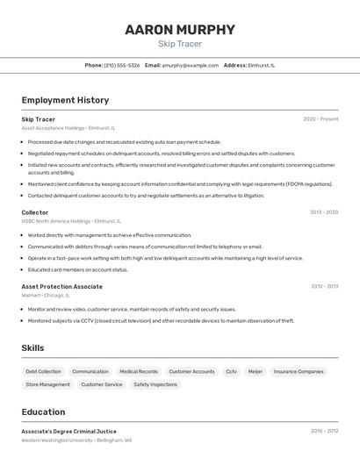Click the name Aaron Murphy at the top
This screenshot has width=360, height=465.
tap(180, 30)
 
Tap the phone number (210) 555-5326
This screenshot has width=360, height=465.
tap(121, 65)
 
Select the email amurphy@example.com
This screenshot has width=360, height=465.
tap(190, 65)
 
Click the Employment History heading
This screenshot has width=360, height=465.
tap(65, 100)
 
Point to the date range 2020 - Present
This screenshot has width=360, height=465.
tap(320, 119)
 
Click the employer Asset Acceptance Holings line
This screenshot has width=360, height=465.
tap(68, 128)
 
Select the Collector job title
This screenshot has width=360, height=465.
tap(35, 212)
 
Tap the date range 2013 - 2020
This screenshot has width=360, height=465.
tap(324, 212)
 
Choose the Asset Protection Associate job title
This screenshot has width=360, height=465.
tap(61, 286)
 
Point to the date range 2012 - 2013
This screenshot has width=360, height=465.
tap(324, 286)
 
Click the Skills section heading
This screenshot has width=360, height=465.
tap(32, 348)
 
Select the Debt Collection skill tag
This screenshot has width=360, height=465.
tap(44, 371)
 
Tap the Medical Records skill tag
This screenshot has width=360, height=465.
tap(139, 371)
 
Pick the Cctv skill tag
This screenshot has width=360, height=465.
tap(231, 371)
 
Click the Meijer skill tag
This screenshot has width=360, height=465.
tap(255, 371)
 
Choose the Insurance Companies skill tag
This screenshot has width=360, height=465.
tap(299, 371)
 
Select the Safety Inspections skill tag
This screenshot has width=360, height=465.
tap(155, 384)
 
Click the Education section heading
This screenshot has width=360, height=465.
tap(43, 411)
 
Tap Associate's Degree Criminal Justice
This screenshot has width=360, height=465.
tap(68, 431)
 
